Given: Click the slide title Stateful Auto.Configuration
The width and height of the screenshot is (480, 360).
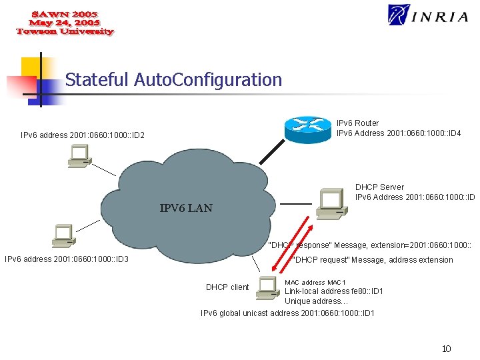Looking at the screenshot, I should coord(173,80).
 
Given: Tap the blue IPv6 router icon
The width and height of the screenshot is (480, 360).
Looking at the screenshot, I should coord(307,128).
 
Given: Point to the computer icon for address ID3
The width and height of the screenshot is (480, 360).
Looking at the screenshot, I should coord(64,234).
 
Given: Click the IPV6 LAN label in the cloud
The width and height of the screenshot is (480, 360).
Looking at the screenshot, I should coord(186,208).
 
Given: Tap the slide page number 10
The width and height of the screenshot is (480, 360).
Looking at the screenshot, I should coord(446,349).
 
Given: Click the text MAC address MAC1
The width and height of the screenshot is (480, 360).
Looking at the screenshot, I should coord(315,282).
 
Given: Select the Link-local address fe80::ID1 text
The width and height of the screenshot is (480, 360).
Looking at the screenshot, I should coord(334,291).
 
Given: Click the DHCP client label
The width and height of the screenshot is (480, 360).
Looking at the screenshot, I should coord(227,287).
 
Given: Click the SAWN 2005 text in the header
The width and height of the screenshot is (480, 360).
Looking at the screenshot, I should coord(65,13).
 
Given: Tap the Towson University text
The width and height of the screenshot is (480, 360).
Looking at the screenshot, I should coord(65,31).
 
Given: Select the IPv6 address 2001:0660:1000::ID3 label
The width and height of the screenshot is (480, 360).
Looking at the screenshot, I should coord(67,259).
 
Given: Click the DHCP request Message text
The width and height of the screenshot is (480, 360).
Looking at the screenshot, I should coord(373,260).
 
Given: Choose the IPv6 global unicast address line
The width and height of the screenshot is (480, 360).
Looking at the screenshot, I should coord(287,313).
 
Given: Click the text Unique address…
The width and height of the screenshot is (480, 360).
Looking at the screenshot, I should coord(316,301).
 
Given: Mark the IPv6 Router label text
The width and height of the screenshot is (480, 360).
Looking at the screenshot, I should coord(357,123).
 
